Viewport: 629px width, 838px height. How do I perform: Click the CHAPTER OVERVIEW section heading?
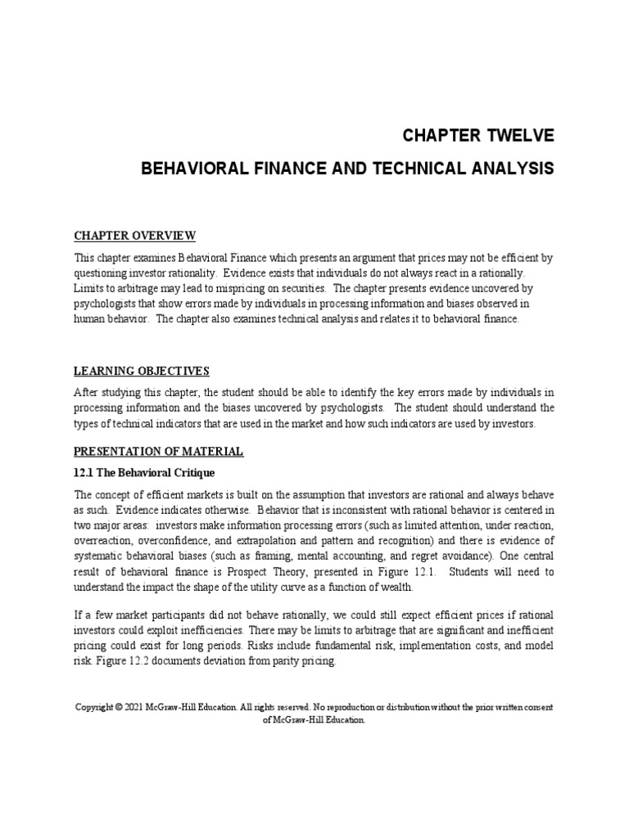pyautogui.click(x=135, y=237)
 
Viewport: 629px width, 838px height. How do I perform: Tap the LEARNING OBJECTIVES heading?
pyautogui.click(x=143, y=371)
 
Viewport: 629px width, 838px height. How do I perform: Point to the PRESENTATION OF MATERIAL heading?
pyautogui.click(x=159, y=451)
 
